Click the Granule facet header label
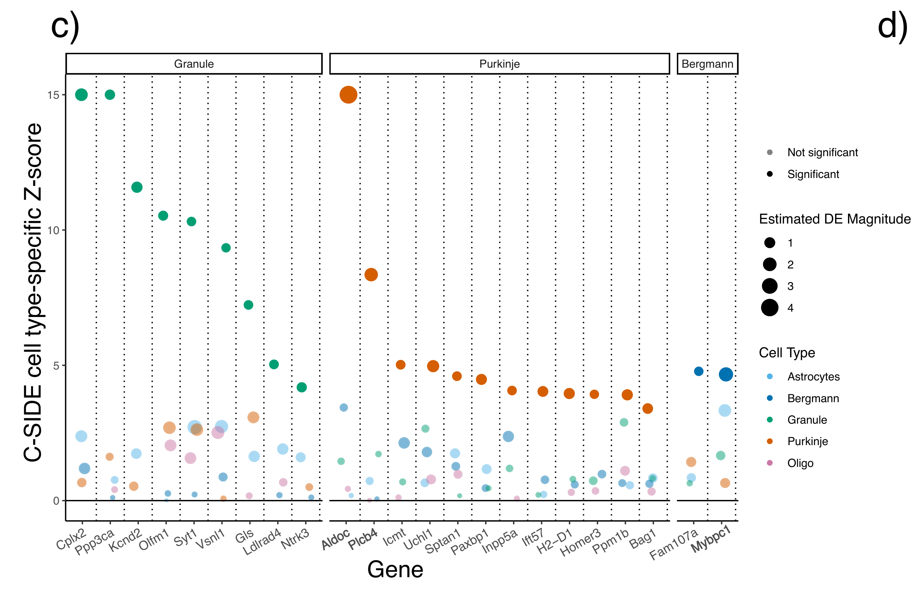click(194, 64)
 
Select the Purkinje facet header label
click(499, 64)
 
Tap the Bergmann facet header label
click(707, 64)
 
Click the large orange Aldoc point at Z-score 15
click(348, 95)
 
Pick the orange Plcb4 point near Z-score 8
click(371, 275)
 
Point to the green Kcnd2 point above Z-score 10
click(137, 187)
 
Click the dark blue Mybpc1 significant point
click(726, 374)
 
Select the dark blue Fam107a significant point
click(699, 371)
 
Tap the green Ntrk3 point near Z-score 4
click(302, 387)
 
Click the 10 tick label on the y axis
click(53, 230)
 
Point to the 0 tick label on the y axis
click(56, 501)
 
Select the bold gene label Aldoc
click(335, 539)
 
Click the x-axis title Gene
click(395, 569)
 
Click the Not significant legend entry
click(822, 153)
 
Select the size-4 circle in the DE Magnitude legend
click(770, 308)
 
